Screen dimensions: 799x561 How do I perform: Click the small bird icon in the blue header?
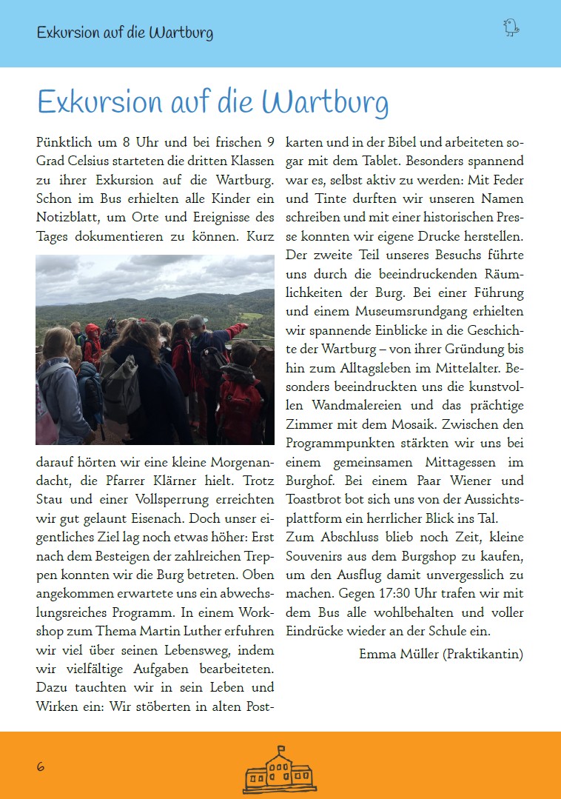tap(511, 28)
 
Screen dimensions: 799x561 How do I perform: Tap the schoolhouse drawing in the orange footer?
tap(280, 771)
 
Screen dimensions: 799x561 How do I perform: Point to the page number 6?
tap(41, 767)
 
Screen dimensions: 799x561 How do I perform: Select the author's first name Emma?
tap(376, 654)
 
